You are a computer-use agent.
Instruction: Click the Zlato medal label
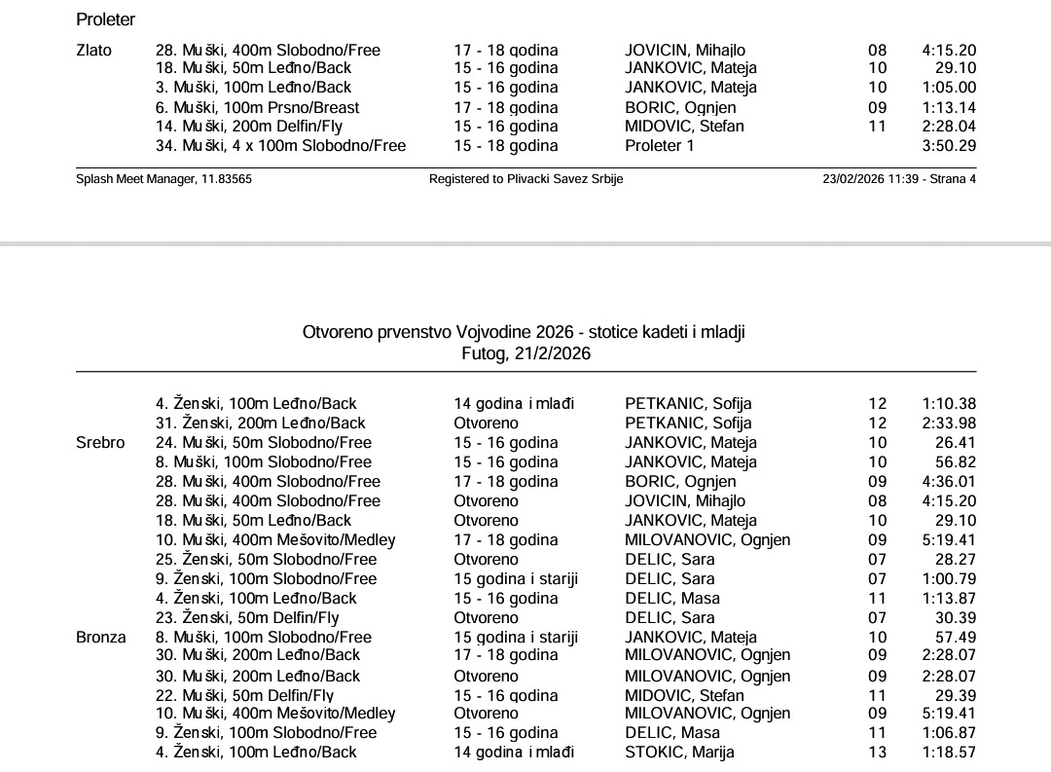coord(93,51)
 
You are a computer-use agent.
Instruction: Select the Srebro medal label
coord(100,443)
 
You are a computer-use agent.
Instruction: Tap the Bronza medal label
coord(101,638)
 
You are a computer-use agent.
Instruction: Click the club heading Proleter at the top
coord(105,19)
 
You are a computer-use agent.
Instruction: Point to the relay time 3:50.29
coord(949,146)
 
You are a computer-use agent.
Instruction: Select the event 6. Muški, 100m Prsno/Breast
coord(257,108)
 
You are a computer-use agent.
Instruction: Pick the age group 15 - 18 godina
coord(506,146)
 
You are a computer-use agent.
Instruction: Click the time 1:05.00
coord(949,88)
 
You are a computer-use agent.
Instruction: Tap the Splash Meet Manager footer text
coord(163,179)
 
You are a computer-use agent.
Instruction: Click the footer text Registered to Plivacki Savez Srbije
coord(525,179)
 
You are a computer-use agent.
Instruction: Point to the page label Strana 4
coord(953,179)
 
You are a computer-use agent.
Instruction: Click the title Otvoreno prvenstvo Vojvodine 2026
coord(525,333)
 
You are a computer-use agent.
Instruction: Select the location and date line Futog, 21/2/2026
coord(525,353)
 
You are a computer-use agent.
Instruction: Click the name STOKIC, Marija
coord(679,753)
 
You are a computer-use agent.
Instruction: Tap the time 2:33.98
coord(949,423)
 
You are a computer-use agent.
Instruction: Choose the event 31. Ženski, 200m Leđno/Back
coord(261,423)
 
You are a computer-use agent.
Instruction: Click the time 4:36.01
coord(949,482)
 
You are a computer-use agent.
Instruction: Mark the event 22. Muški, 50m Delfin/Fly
coord(244,695)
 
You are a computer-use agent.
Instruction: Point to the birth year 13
coord(878,753)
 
